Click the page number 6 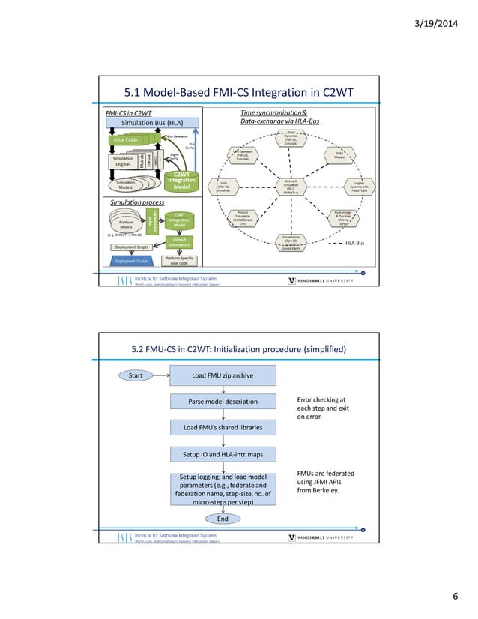click(x=454, y=596)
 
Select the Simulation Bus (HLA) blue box click(x=152, y=122)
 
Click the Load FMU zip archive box click(x=223, y=375)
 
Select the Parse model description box click(x=223, y=402)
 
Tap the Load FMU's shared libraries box click(x=223, y=427)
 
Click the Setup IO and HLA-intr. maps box click(x=223, y=453)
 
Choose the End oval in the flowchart click(x=223, y=518)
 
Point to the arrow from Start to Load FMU click(x=161, y=375)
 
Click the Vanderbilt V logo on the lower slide click(x=292, y=537)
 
